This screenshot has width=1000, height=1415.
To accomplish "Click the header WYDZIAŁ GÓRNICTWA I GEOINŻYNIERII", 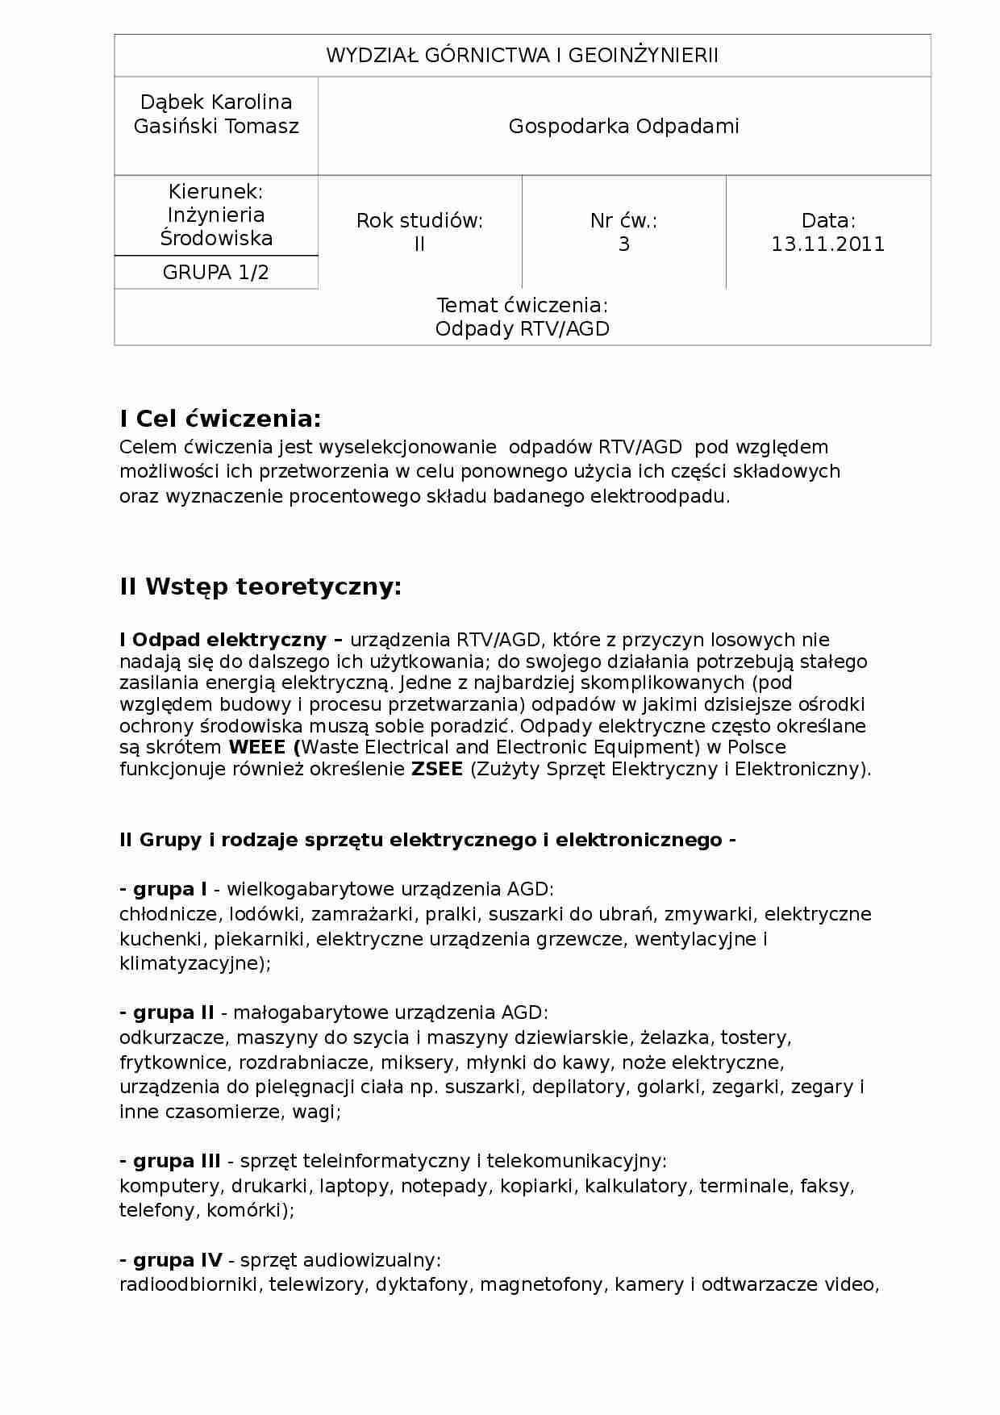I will [522, 56].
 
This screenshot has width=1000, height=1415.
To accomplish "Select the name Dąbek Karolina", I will [216, 102].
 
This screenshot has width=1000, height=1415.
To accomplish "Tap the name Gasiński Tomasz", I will [216, 127].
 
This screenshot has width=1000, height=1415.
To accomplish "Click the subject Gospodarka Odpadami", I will [623, 127].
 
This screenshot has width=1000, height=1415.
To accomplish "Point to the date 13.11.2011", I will [827, 244].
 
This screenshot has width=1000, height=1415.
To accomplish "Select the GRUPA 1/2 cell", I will [216, 273].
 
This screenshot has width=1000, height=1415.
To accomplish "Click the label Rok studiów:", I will [419, 221].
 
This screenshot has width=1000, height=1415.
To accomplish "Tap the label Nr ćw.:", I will [623, 221].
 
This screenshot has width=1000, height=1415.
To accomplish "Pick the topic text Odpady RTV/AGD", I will [522, 329].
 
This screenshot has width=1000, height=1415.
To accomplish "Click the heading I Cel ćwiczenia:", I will [220, 419].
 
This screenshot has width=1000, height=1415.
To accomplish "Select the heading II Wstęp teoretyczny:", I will [260, 586].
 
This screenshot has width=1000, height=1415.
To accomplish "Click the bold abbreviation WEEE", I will [257, 747].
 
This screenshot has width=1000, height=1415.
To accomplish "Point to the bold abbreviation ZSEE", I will [437, 769].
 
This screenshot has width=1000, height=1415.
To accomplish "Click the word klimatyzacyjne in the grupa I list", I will [192, 963].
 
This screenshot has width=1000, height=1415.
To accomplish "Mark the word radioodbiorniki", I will [189, 1284].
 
